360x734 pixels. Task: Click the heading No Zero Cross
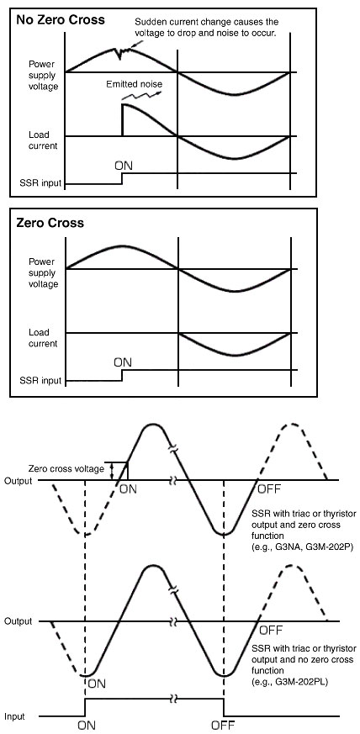point(61,20)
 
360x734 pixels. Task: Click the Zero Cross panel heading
point(50,222)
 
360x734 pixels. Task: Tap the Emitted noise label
point(134,84)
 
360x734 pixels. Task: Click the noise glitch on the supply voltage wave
point(121,52)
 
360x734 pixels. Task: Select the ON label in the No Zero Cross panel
point(123,166)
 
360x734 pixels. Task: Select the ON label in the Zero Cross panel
point(123,362)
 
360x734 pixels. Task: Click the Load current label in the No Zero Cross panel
point(43,140)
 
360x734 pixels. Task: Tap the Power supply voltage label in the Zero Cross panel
point(43,273)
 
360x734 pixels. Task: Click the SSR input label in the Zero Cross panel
point(40,381)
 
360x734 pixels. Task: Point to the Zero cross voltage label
point(66,468)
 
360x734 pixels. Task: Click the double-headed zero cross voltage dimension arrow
point(112,471)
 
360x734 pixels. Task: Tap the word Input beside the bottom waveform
point(15,716)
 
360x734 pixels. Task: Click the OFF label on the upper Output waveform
point(269,489)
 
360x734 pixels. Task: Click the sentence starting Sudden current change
point(206,27)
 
